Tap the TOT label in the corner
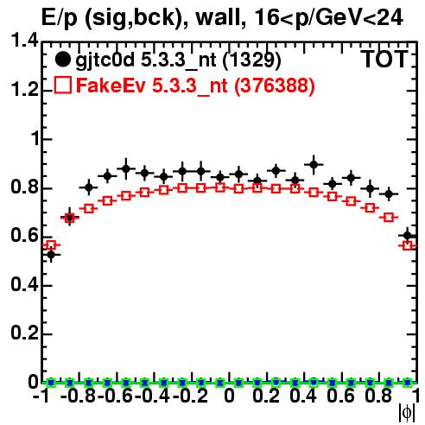(384, 59)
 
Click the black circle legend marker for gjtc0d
(62, 60)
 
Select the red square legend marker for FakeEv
(62, 85)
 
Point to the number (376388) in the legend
(275, 86)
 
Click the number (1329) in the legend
(251, 60)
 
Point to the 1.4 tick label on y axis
(24, 41)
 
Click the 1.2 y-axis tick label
(24, 90)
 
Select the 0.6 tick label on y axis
(24, 235)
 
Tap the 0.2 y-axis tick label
(24, 333)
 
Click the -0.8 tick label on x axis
(78, 396)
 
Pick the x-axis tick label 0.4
(303, 396)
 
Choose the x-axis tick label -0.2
(191, 396)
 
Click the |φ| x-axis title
(407, 413)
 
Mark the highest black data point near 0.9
(314, 164)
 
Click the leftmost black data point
(51, 255)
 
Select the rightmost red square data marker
(408, 245)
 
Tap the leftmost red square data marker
(51, 245)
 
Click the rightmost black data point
(408, 236)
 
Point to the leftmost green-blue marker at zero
(51, 383)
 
